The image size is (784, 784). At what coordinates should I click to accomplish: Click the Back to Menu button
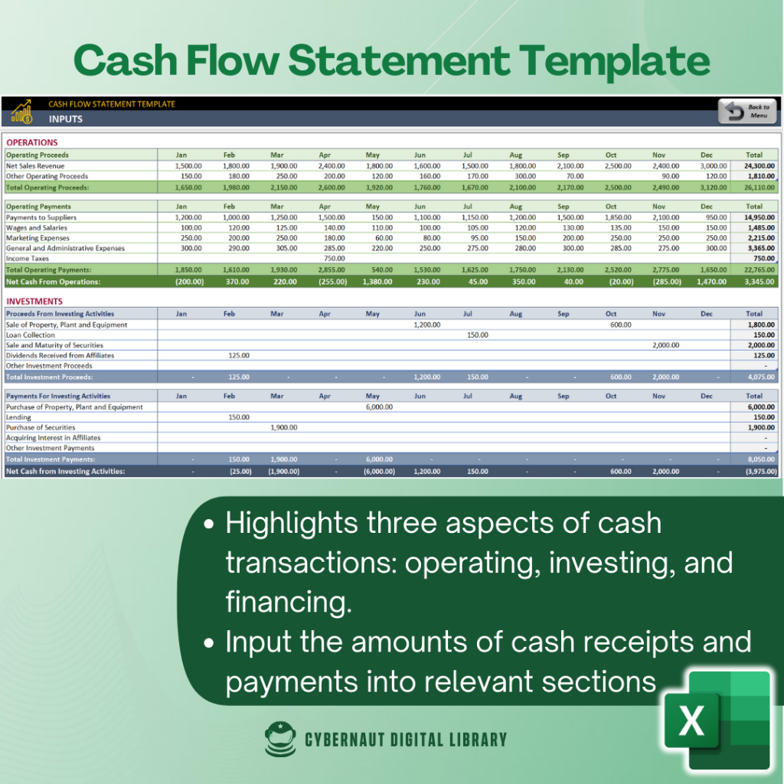click(747, 111)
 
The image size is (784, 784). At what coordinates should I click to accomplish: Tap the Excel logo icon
click(717, 720)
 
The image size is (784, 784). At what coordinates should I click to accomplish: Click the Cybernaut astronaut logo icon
click(280, 739)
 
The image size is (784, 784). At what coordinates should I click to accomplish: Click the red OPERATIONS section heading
click(32, 142)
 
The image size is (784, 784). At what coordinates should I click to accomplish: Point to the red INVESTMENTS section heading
click(34, 302)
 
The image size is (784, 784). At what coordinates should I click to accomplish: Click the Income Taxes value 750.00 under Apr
click(334, 259)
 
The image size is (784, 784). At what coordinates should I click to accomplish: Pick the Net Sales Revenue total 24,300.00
click(759, 166)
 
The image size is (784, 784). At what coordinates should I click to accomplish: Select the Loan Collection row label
click(30, 335)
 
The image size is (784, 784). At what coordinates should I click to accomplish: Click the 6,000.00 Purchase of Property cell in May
click(379, 407)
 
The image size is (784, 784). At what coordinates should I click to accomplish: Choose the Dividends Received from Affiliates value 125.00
click(239, 355)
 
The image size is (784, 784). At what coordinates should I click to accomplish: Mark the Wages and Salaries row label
click(37, 228)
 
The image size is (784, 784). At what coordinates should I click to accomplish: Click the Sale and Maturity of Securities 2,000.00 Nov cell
click(665, 345)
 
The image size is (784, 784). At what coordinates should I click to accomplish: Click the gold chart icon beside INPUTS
click(22, 112)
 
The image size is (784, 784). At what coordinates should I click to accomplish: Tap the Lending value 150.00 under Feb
click(239, 417)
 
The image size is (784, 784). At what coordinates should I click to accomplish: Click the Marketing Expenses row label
click(38, 238)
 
